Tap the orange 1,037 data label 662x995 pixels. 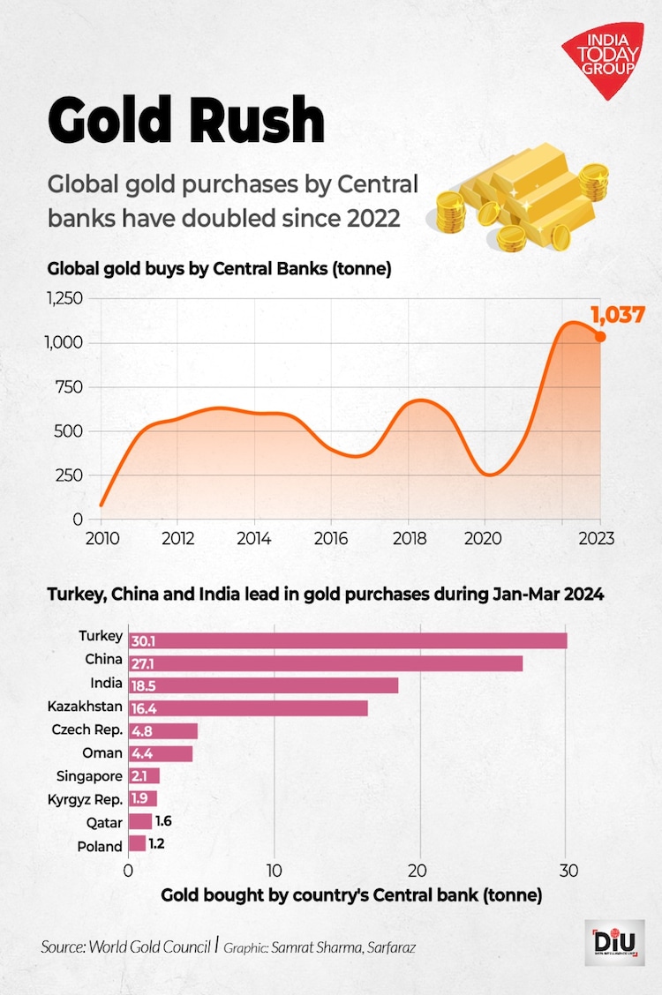(617, 314)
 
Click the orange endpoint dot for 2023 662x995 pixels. (600, 336)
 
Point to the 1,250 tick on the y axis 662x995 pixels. (63, 299)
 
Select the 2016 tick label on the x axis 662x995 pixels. (330, 538)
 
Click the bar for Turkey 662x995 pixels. (348, 640)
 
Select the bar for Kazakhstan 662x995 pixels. (248, 708)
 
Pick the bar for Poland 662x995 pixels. (137, 845)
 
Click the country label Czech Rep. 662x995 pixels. (87, 730)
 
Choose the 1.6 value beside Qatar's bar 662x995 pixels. (163, 821)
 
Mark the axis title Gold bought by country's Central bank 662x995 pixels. (351, 895)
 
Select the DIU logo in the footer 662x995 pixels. (614, 943)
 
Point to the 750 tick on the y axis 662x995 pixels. (66, 387)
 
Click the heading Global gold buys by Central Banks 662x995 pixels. (219, 268)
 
